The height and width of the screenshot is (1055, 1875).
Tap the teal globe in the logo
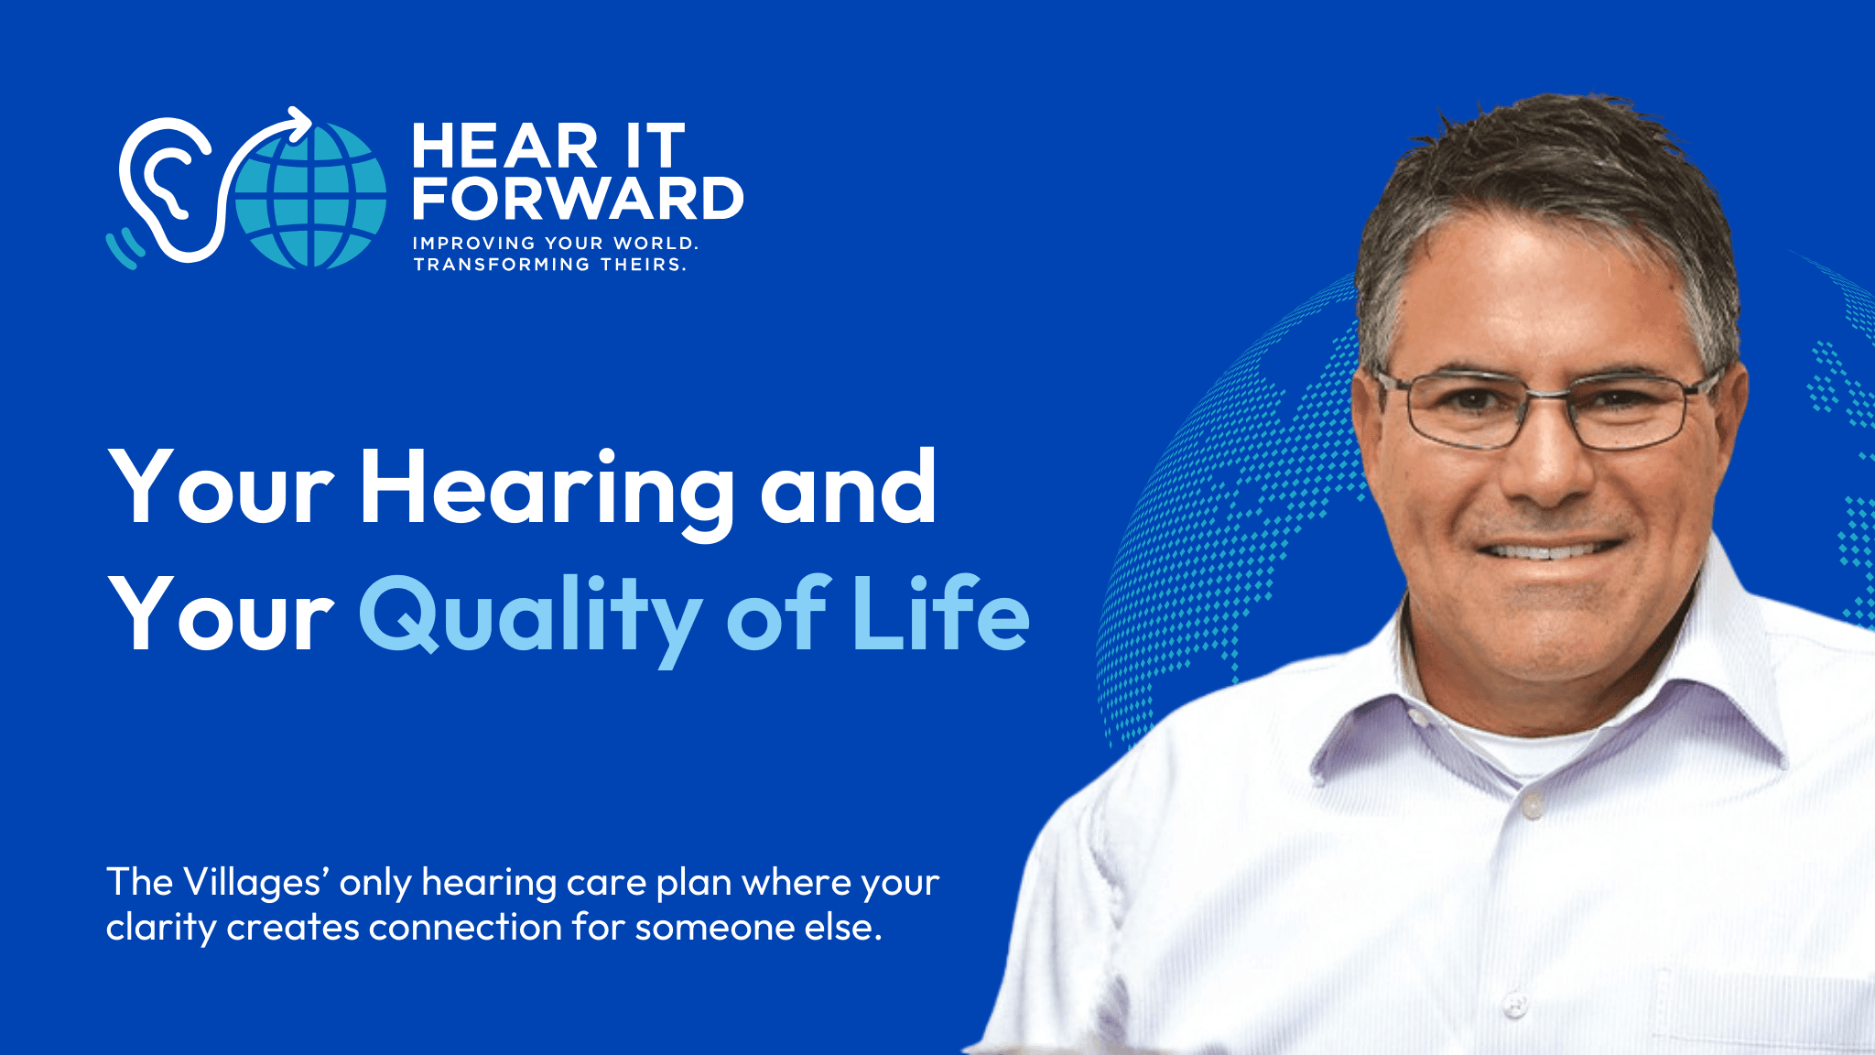pyautogui.click(x=311, y=196)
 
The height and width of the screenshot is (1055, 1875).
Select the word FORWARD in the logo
pyautogui.click(x=578, y=199)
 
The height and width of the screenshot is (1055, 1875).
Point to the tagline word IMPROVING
pyautogui.click(x=474, y=244)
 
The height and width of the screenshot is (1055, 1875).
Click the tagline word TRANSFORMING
pyautogui.click(x=502, y=265)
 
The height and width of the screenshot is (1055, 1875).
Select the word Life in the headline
pyautogui.click(x=940, y=611)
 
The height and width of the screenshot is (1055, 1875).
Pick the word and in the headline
pyautogui.click(x=848, y=488)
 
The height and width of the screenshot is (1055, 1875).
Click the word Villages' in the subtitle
pyautogui.click(x=257, y=884)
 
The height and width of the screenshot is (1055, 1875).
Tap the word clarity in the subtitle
pyautogui.click(x=161, y=929)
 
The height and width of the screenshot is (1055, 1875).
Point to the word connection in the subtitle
pyautogui.click(x=466, y=929)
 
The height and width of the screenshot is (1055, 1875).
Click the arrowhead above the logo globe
pyautogui.click(x=298, y=125)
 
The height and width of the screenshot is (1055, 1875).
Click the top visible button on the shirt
pyautogui.click(x=1532, y=808)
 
